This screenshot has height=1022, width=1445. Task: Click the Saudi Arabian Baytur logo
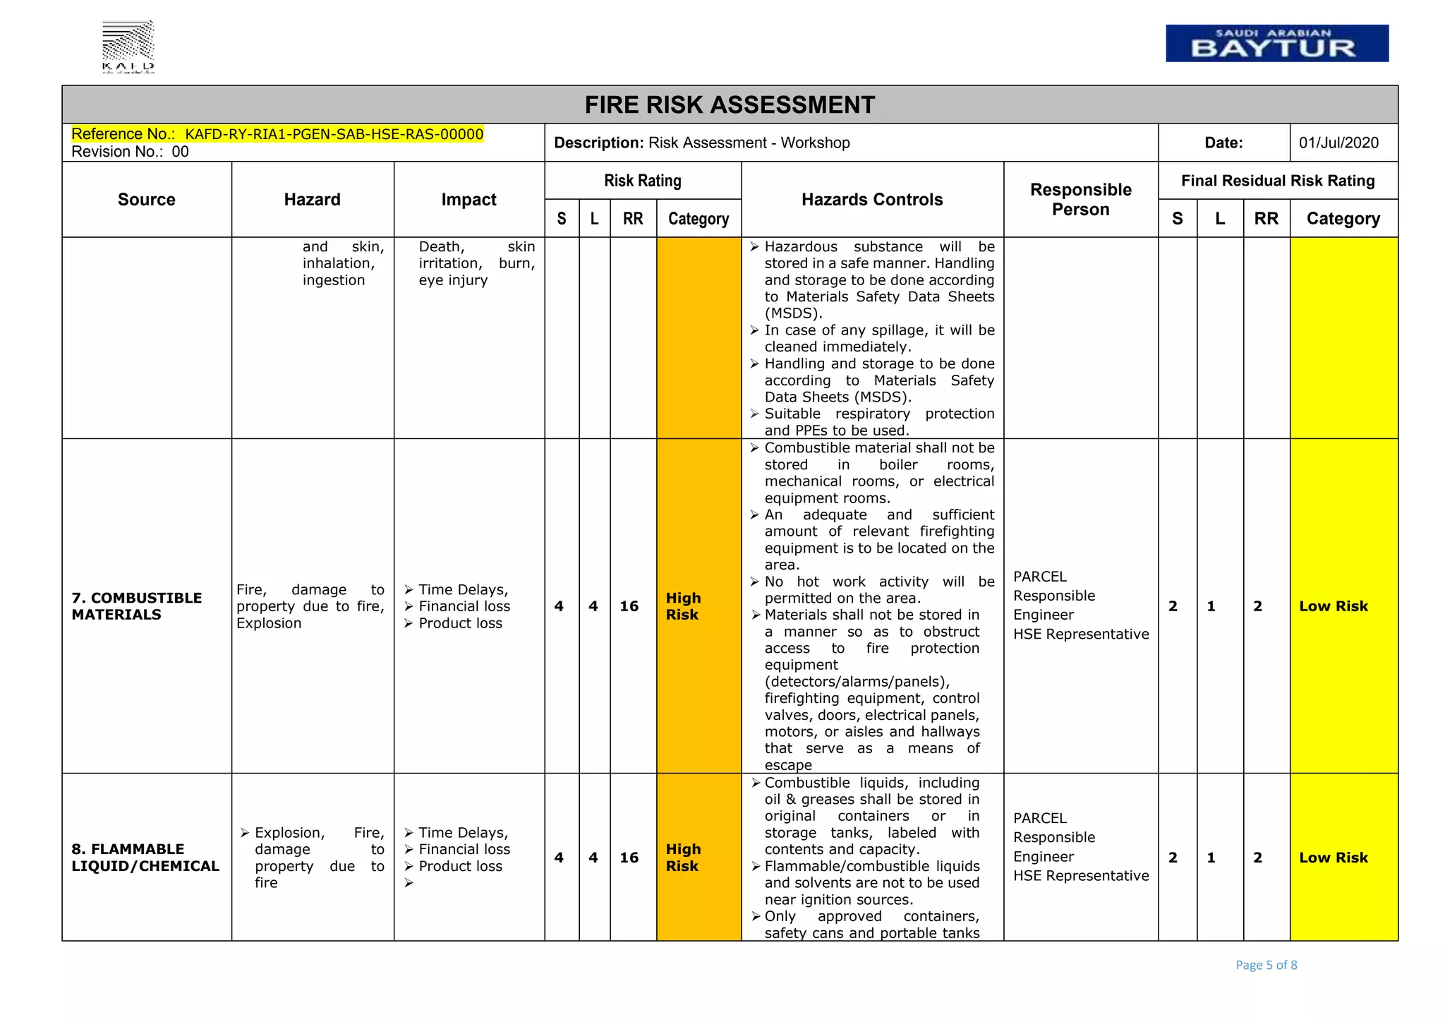pos(1276,43)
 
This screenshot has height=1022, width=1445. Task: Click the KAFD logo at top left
pos(128,47)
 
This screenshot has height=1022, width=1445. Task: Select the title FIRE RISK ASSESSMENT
pos(730,105)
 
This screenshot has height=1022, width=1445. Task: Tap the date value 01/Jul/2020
pos(1338,143)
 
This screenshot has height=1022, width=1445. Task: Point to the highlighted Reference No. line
pos(277,134)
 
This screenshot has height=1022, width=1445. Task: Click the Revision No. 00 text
pos(130,152)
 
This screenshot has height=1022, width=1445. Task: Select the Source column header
pos(146,200)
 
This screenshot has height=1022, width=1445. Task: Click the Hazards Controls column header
pos(872,200)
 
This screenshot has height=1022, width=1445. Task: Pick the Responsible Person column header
pos(1080,200)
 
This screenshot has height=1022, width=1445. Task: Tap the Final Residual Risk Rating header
pos(1278,181)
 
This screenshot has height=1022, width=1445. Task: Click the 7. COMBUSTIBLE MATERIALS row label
pos(136,606)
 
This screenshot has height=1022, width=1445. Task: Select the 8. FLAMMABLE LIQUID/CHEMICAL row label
pos(145,858)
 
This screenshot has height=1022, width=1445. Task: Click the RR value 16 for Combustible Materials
pos(629,606)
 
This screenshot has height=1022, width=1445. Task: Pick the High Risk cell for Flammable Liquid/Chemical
pos(683,858)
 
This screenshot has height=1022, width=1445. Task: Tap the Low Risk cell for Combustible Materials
pos(1333,606)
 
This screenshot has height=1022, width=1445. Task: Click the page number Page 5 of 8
pos(1266,965)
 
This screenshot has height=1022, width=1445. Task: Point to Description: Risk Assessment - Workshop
pos(701,143)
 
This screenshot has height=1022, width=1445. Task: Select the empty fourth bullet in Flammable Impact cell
pos(409,884)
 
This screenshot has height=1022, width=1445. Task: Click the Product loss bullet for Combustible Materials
pos(459,623)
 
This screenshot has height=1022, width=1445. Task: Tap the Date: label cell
pos(1223,143)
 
